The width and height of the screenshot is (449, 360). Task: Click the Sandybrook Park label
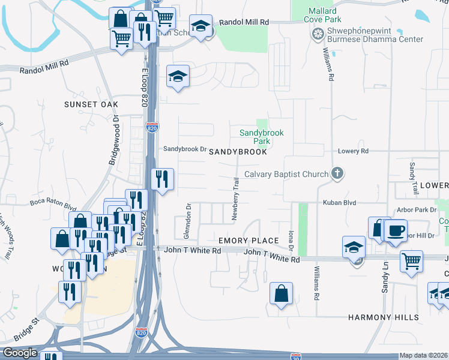pyautogui.click(x=261, y=137)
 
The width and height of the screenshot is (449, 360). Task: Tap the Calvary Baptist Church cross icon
pyautogui.click(x=337, y=174)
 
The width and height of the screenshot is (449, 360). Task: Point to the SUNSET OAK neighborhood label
pyautogui.click(x=92, y=104)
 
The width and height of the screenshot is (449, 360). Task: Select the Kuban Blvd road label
pyautogui.click(x=340, y=203)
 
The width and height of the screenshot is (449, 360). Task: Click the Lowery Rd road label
pyautogui.click(x=353, y=151)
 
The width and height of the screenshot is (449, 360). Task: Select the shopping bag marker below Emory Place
pyautogui.click(x=281, y=293)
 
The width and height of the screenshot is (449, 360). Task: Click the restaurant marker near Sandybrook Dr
pyautogui.click(x=162, y=178)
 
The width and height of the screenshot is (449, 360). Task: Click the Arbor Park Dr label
pyautogui.click(x=417, y=210)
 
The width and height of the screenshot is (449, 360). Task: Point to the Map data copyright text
pyautogui.click(x=424, y=355)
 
